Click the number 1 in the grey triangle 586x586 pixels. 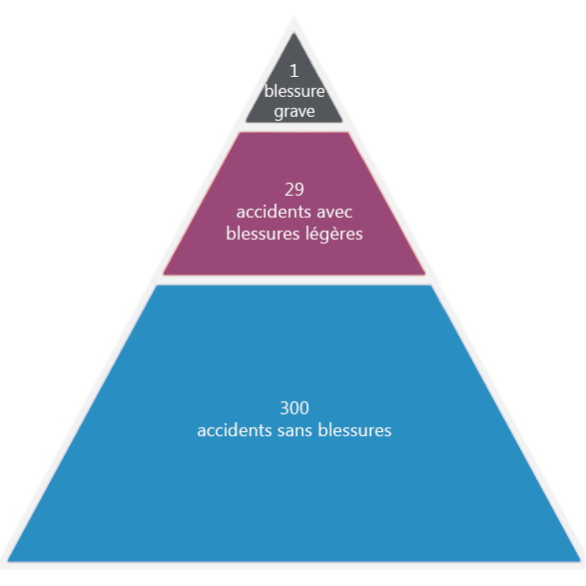pos(294,71)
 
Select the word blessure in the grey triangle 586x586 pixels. pos(294,91)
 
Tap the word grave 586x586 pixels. pos(294,112)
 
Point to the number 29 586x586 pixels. pos(294,190)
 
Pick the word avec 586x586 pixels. pos(334,213)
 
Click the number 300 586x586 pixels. pos(294,407)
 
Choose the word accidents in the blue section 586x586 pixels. pos(235,430)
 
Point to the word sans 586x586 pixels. pos(294,431)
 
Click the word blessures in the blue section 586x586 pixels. pos(354,430)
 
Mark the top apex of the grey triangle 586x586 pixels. pos(294,34)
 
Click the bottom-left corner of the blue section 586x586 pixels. pos(8,561)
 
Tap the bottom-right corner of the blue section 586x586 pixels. pos(580,561)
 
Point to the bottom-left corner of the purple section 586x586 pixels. pos(164,275)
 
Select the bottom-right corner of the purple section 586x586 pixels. pos(425,275)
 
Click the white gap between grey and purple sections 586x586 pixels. pos(294,127)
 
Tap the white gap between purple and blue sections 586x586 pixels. pos(294,280)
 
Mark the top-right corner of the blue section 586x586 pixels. pos(431,286)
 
